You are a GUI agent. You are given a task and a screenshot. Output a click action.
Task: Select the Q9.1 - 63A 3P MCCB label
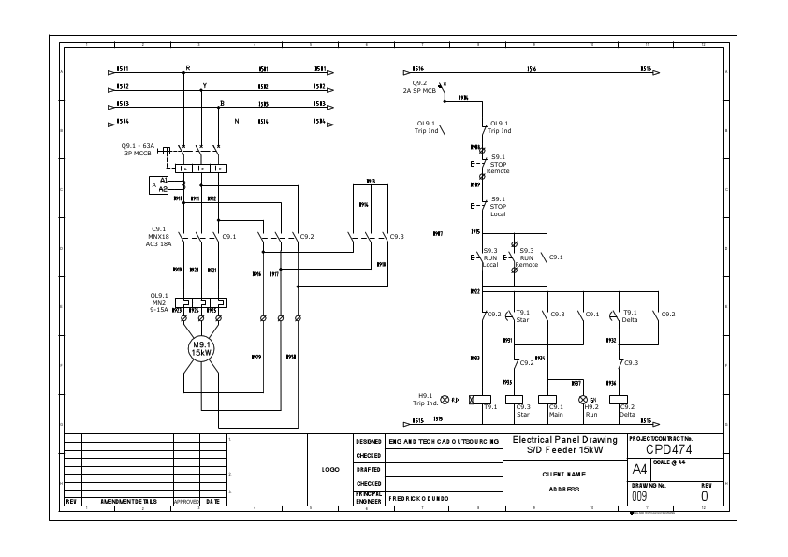[139, 149]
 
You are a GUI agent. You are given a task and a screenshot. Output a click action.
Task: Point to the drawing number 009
[639, 496]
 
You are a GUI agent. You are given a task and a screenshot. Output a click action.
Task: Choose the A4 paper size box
[639, 469]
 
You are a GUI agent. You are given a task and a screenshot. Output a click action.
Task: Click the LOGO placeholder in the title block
[330, 469]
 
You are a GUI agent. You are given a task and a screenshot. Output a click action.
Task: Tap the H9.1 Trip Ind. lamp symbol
[445, 399]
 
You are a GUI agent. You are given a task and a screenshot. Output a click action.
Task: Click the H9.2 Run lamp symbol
[581, 399]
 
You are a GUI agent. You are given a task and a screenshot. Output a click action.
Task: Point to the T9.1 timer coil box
[486, 399]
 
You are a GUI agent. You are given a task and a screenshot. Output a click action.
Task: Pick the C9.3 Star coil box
[514, 399]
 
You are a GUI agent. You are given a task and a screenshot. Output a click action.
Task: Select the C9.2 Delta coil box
[619, 399]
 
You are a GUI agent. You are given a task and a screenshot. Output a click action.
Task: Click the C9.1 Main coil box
[556, 399]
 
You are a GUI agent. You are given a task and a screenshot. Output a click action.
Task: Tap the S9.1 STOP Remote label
[498, 164]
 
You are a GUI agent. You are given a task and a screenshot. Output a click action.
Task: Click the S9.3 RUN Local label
[490, 257]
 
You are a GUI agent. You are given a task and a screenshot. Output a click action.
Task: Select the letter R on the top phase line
[187, 68]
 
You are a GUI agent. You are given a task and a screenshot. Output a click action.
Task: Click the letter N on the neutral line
[237, 121]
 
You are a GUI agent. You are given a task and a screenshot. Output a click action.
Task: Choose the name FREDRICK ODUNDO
[421, 499]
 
